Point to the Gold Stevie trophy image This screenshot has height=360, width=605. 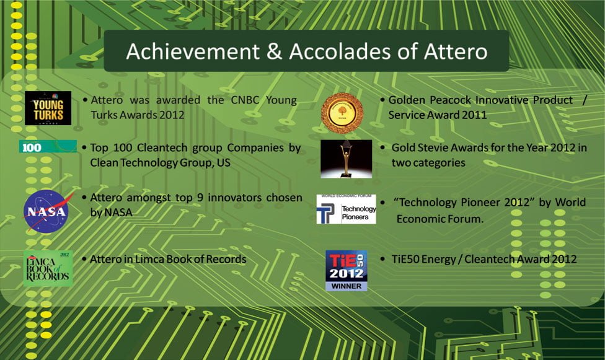point(346,159)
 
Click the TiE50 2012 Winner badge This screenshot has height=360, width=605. point(347,270)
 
